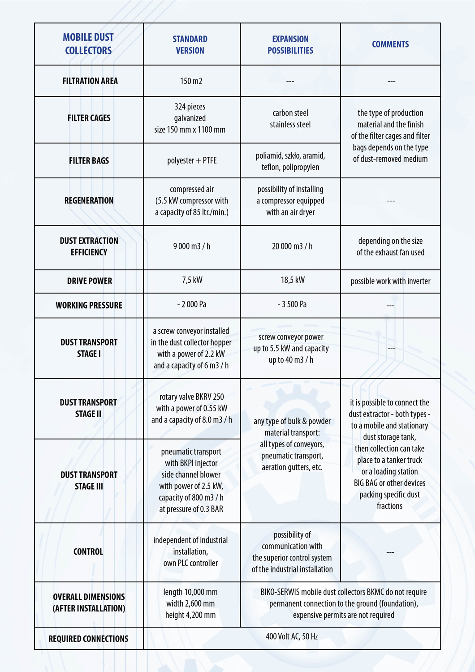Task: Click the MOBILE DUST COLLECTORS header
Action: coord(88,44)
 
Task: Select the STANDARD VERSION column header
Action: coord(190,45)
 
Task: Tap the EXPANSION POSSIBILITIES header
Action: coord(290,45)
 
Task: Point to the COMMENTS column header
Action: coord(390,44)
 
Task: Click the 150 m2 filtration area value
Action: coord(191,81)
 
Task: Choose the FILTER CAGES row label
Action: coord(89,118)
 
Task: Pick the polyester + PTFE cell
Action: coord(192,160)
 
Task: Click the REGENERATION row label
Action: coord(89,201)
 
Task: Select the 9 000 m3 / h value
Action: coord(192,246)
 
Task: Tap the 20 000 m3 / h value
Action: coord(292,246)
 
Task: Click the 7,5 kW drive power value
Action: coord(192,280)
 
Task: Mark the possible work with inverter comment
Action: coord(390,281)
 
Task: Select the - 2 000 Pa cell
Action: coord(192,305)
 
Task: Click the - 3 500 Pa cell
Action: coord(292,305)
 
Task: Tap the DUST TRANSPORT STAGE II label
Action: coord(88,408)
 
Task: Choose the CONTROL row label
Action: coord(88,552)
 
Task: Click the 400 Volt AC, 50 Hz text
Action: coord(292,637)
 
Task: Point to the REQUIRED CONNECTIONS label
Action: coord(88,639)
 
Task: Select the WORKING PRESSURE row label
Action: coord(89,306)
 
